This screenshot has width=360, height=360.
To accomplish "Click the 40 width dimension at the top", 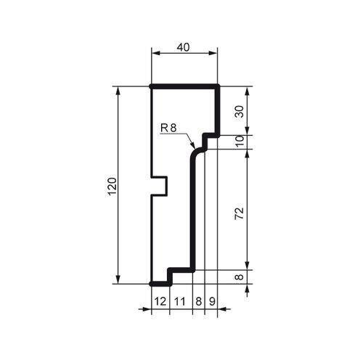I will tap(184, 46).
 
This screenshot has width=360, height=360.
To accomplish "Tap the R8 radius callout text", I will tap(168, 128).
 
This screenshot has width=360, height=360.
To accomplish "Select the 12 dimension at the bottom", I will tap(160, 300).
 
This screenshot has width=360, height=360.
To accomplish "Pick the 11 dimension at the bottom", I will tap(180, 300).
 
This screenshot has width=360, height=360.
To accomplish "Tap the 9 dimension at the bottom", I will tap(211, 300).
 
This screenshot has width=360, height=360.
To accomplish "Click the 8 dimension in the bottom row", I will tap(198, 300).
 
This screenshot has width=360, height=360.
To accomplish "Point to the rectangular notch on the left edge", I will tap(160, 186).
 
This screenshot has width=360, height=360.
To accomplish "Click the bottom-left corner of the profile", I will tap(151, 282).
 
